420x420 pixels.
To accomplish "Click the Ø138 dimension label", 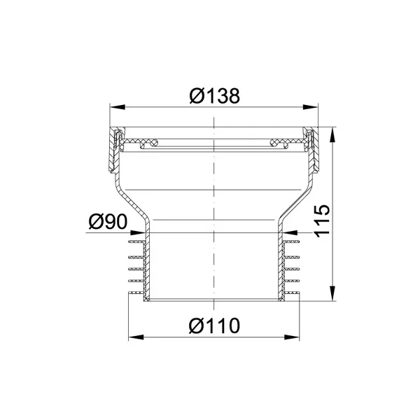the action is pyautogui.click(x=215, y=96).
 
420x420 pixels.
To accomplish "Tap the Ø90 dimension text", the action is pyautogui.click(x=108, y=222).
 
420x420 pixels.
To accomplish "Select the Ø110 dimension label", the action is pyautogui.click(x=214, y=325).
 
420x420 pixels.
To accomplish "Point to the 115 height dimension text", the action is pyautogui.click(x=321, y=221).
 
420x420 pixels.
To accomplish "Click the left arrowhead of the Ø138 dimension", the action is pyautogui.click(x=118, y=107).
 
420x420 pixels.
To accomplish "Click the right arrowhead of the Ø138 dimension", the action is pyautogui.click(x=311, y=107).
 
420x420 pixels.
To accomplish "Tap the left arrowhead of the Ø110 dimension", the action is pyautogui.click(x=136, y=337).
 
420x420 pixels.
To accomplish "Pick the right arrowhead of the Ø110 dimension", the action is pyautogui.click(x=292, y=337).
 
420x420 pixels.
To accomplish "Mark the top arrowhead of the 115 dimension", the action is pyautogui.click(x=332, y=134).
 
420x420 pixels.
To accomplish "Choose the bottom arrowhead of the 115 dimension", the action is pyautogui.click(x=332, y=293).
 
